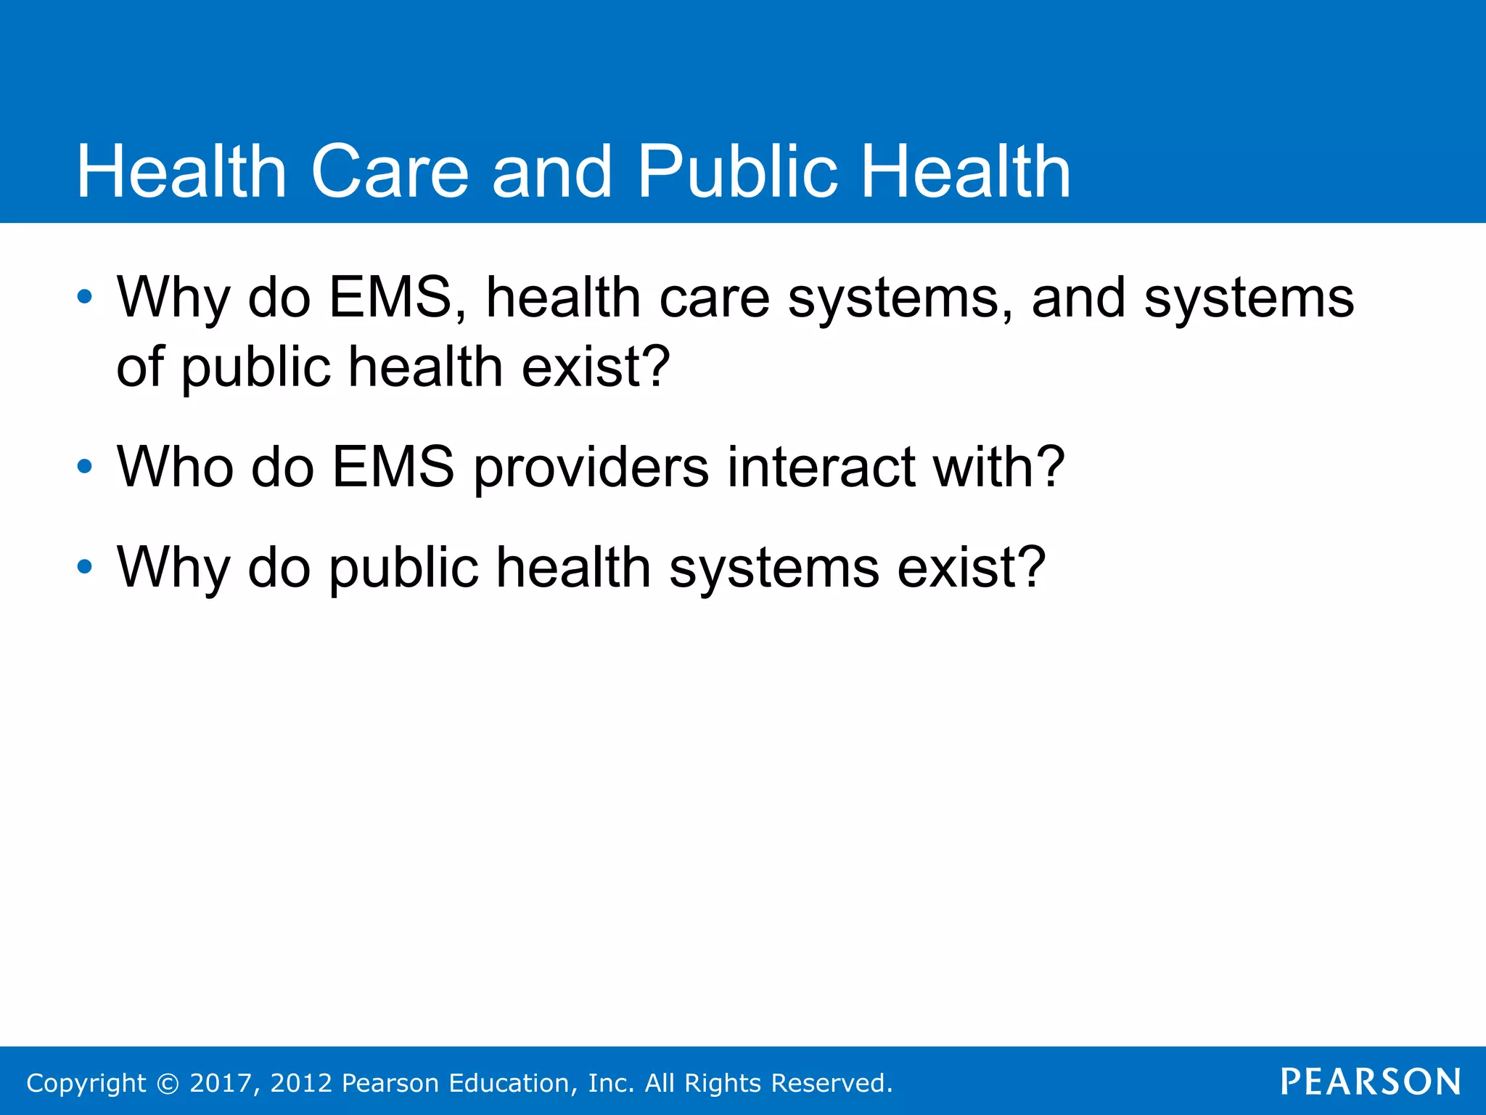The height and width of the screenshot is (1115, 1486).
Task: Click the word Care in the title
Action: point(390,171)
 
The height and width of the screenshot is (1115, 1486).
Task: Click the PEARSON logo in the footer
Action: point(1371,1082)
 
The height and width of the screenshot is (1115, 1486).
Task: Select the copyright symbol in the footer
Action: point(168,1083)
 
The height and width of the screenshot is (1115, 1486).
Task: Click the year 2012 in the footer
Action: point(301,1083)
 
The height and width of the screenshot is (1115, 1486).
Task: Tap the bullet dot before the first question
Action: point(85,297)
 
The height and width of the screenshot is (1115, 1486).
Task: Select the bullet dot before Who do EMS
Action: point(85,466)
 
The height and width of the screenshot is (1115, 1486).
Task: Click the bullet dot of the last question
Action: point(85,566)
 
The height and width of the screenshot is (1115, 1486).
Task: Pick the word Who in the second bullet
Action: point(175,466)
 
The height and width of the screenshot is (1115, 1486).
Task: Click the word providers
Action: point(591,466)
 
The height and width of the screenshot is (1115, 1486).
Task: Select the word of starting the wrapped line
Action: point(140,366)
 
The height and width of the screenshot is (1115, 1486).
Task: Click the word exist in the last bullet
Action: point(971,566)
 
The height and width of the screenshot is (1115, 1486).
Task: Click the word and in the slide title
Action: point(552,171)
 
